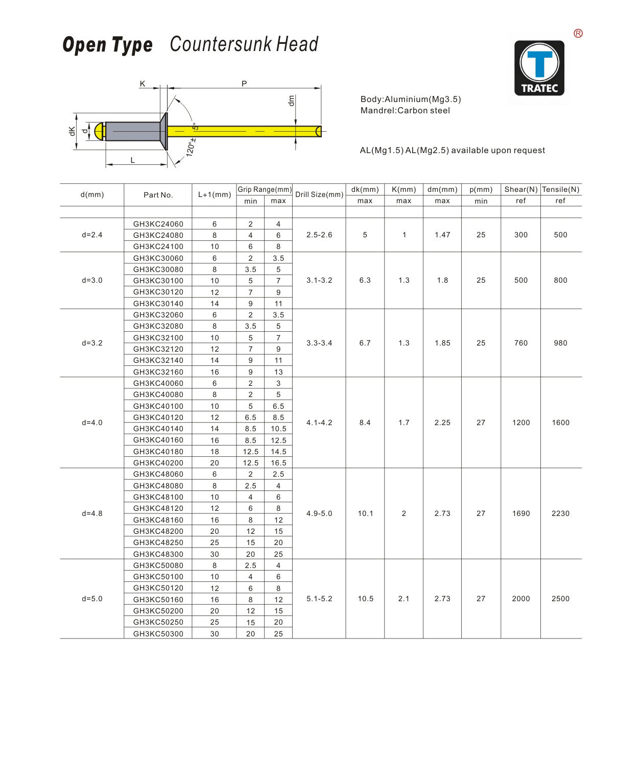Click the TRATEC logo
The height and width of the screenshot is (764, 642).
539,68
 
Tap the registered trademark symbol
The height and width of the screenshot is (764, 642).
578,34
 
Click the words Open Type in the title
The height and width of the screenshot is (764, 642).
107,45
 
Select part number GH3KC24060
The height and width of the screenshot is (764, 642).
158,224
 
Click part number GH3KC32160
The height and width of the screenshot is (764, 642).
158,372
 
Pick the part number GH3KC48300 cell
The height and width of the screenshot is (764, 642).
158,554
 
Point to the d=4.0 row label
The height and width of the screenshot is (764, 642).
92,423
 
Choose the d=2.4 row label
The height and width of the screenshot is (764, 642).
92,235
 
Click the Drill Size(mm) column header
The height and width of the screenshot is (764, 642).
319,194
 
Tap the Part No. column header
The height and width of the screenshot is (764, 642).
158,195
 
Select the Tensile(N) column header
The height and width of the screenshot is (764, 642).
560,189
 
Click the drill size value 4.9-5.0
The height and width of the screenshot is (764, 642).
319,513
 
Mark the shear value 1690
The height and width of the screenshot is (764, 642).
521,513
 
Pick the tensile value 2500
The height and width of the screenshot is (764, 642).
560,599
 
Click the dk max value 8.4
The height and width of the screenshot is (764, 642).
365,423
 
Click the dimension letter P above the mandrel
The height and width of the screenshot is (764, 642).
244,84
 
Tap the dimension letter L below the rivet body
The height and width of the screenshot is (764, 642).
133,160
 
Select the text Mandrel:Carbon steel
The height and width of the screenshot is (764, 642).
405,111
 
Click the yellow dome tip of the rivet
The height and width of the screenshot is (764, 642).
99,131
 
